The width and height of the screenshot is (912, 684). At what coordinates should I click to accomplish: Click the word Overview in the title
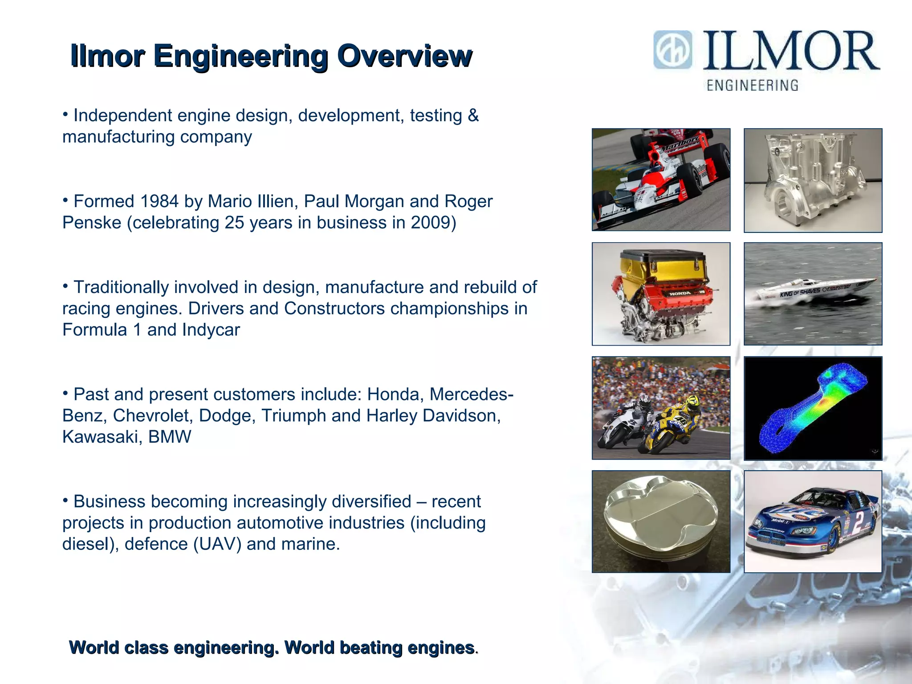click(x=404, y=56)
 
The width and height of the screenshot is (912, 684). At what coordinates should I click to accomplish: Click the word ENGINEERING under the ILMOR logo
click(x=753, y=85)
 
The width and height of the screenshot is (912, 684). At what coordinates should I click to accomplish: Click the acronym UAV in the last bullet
click(x=217, y=544)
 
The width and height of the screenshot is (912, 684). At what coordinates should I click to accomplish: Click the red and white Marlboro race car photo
click(x=661, y=179)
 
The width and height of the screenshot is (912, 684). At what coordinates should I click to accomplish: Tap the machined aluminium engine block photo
click(x=813, y=180)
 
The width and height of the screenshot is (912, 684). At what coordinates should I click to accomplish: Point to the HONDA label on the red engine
click(x=680, y=293)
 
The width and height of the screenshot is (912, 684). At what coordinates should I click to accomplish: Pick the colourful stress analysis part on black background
click(x=813, y=408)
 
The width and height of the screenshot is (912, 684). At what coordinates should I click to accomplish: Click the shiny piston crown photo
click(x=661, y=521)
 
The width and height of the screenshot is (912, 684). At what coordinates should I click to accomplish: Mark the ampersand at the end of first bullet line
click(x=473, y=115)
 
